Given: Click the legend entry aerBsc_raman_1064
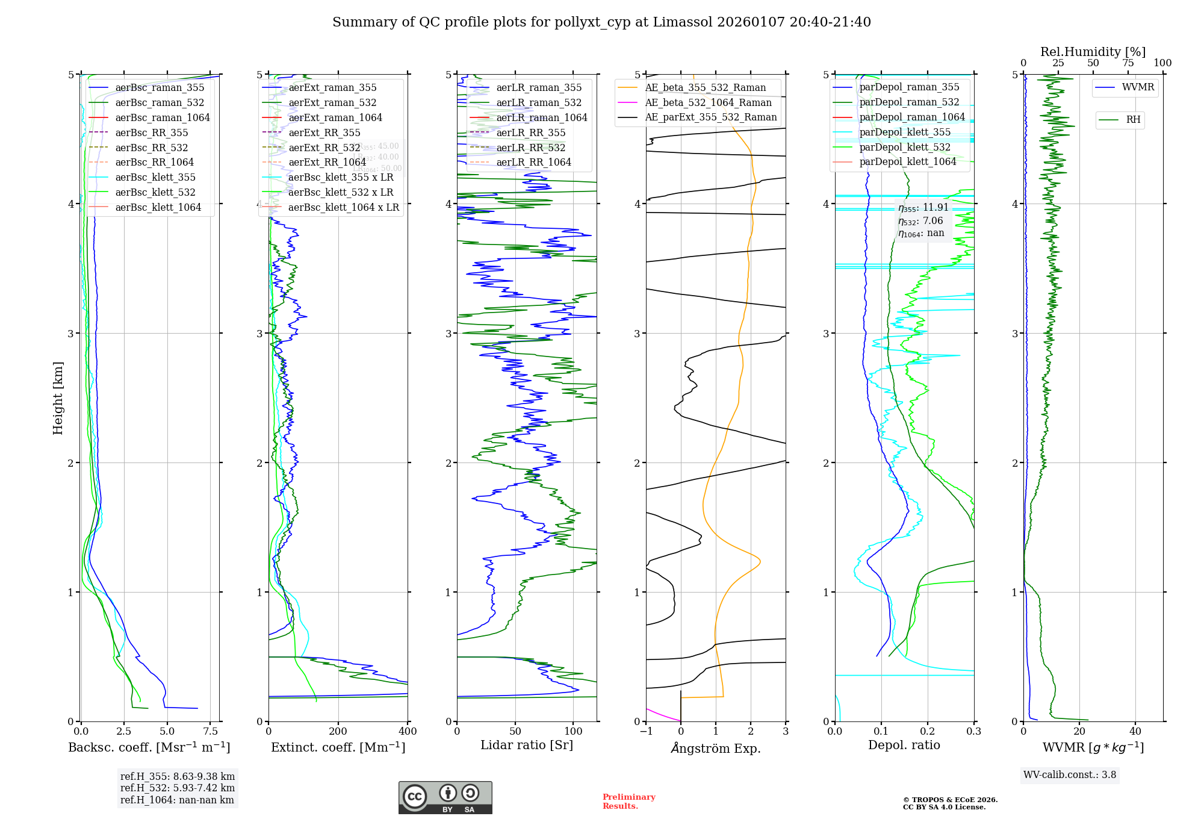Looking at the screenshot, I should click(x=163, y=117).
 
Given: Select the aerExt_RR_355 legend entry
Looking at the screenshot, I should click(x=324, y=132).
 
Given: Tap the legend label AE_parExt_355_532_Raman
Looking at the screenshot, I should click(x=711, y=117).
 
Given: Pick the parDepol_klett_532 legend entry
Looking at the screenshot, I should click(x=905, y=147).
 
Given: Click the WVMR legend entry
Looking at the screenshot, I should click(x=1138, y=87).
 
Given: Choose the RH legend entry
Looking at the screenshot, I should click(x=1133, y=120).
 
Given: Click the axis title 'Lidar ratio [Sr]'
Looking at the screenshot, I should click(x=527, y=745).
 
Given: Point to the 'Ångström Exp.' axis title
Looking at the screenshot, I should click(x=716, y=748).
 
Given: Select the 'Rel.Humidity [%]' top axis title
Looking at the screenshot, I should click(x=1093, y=52).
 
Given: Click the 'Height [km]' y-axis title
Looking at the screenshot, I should click(x=58, y=398).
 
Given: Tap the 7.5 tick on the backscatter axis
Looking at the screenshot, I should click(x=210, y=732).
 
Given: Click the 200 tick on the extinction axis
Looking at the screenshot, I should click(x=338, y=732).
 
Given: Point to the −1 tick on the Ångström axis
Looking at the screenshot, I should click(x=646, y=732).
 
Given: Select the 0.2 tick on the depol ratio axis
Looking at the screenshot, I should click(x=928, y=732).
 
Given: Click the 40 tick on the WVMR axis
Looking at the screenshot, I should click(x=1135, y=732).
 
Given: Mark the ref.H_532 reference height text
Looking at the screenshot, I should click(x=177, y=788).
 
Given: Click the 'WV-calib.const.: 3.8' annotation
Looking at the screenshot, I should click(x=1070, y=775).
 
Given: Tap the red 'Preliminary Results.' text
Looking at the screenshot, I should click(x=628, y=802).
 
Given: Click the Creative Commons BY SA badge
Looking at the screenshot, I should click(x=445, y=798).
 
